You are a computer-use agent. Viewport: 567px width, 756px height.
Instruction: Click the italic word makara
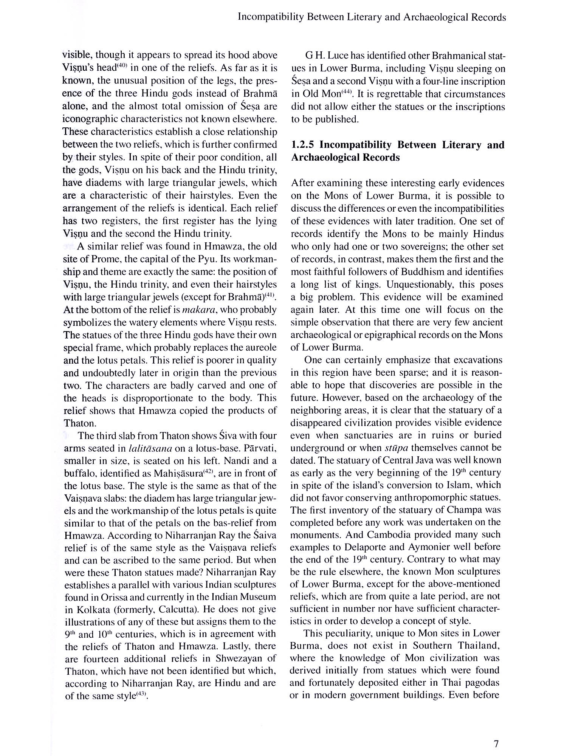click(199, 310)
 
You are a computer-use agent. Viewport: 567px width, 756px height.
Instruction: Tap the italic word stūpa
click(396, 448)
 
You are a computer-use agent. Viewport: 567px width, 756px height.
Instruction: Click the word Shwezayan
click(239, 658)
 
